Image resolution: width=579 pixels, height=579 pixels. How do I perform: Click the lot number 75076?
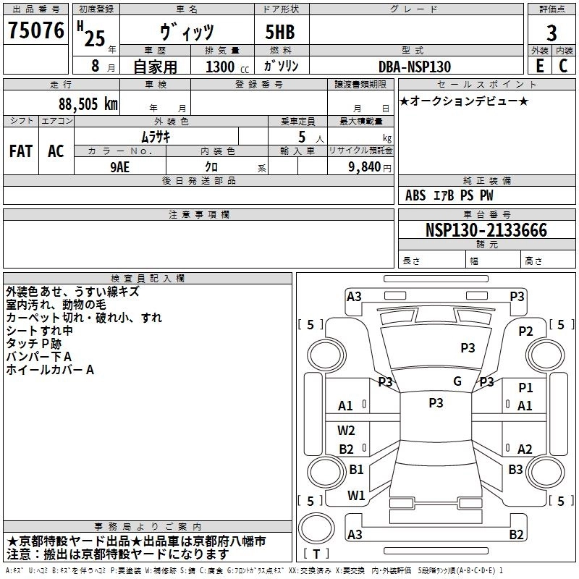point(35,30)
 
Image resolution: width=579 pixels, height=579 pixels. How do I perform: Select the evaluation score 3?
point(551,33)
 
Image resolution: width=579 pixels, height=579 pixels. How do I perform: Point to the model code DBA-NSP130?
point(415,67)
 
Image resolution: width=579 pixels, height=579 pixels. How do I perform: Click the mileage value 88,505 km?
point(88,103)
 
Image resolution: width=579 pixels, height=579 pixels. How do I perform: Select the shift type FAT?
point(20,151)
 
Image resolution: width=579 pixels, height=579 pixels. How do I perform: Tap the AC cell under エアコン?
point(56,151)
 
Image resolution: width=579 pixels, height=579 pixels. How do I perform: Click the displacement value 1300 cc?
point(221,67)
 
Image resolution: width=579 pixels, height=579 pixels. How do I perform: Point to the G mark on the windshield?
point(457,381)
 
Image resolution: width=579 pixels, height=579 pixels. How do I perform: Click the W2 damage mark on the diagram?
point(347,431)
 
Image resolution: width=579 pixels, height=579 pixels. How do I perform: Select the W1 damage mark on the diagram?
point(356,496)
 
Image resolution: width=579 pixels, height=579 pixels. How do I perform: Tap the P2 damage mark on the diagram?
point(525,331)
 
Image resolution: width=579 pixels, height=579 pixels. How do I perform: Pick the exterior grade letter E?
point(539,66)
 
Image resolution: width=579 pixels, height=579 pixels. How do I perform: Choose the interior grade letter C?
point(563,66)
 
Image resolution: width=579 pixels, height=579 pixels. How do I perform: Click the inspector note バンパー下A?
point(39,357)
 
